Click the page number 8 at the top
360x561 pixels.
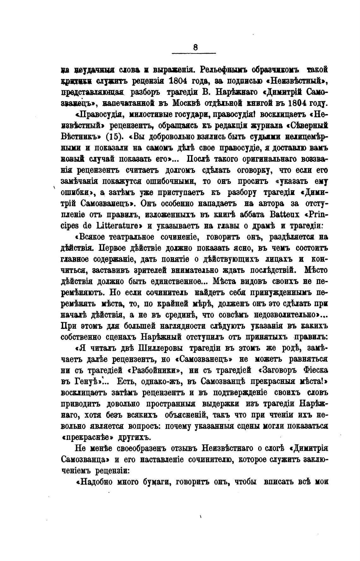coord(195,47)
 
